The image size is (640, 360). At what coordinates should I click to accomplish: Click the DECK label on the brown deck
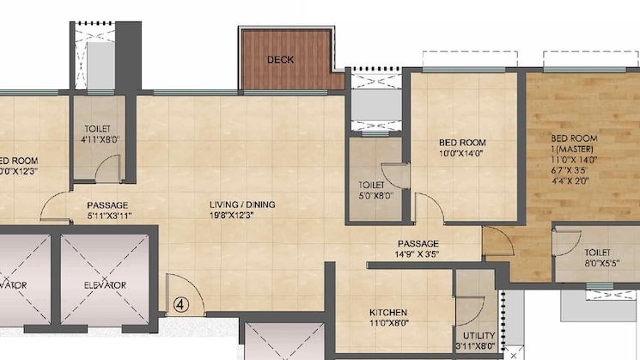(x=281, y=60)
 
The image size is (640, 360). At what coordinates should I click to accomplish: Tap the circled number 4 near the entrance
(x=180, y=303)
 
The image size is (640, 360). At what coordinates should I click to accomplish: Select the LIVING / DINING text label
(x=242, y=204)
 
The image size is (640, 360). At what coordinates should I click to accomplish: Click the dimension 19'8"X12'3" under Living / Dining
(x=242, y=216)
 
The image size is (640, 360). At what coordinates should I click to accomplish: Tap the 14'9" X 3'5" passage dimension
(x=418, y=254)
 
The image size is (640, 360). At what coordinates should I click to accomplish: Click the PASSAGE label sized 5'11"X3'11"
(x=107, y=205)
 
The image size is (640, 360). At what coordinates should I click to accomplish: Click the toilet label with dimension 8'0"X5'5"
(x=597, y=253)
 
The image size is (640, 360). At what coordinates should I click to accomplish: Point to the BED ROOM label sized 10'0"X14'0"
(x=462, y=143)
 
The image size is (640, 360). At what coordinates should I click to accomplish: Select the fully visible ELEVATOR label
(x=105, y=285)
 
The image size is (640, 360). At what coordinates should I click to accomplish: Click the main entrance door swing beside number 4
(x=182, y=289)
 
